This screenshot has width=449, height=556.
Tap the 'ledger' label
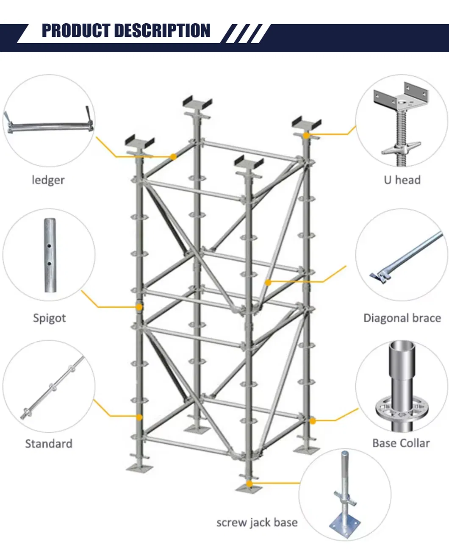coord(48,180)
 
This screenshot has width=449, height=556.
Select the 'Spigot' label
coord(49,318)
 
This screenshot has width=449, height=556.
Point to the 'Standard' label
coord(49,444)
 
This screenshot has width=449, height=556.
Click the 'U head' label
coord(402,180)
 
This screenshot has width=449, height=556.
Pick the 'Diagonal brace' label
coord(402,318)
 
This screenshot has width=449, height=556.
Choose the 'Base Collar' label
coord(401,443)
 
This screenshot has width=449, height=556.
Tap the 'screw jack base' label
coord(257,523)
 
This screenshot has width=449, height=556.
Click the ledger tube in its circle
coord(49,126)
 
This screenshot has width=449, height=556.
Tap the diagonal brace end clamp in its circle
coord(380,276)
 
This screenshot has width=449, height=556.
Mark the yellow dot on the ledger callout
coord(173,157)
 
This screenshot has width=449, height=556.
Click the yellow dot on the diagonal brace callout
coord(268,282)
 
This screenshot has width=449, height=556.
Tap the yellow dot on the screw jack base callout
coord(249,484)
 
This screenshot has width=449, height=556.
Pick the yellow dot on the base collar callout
coord(313,421)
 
